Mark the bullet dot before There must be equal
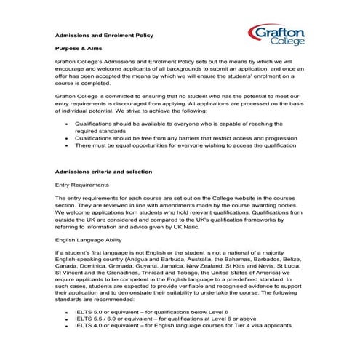(x=67, y=145)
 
